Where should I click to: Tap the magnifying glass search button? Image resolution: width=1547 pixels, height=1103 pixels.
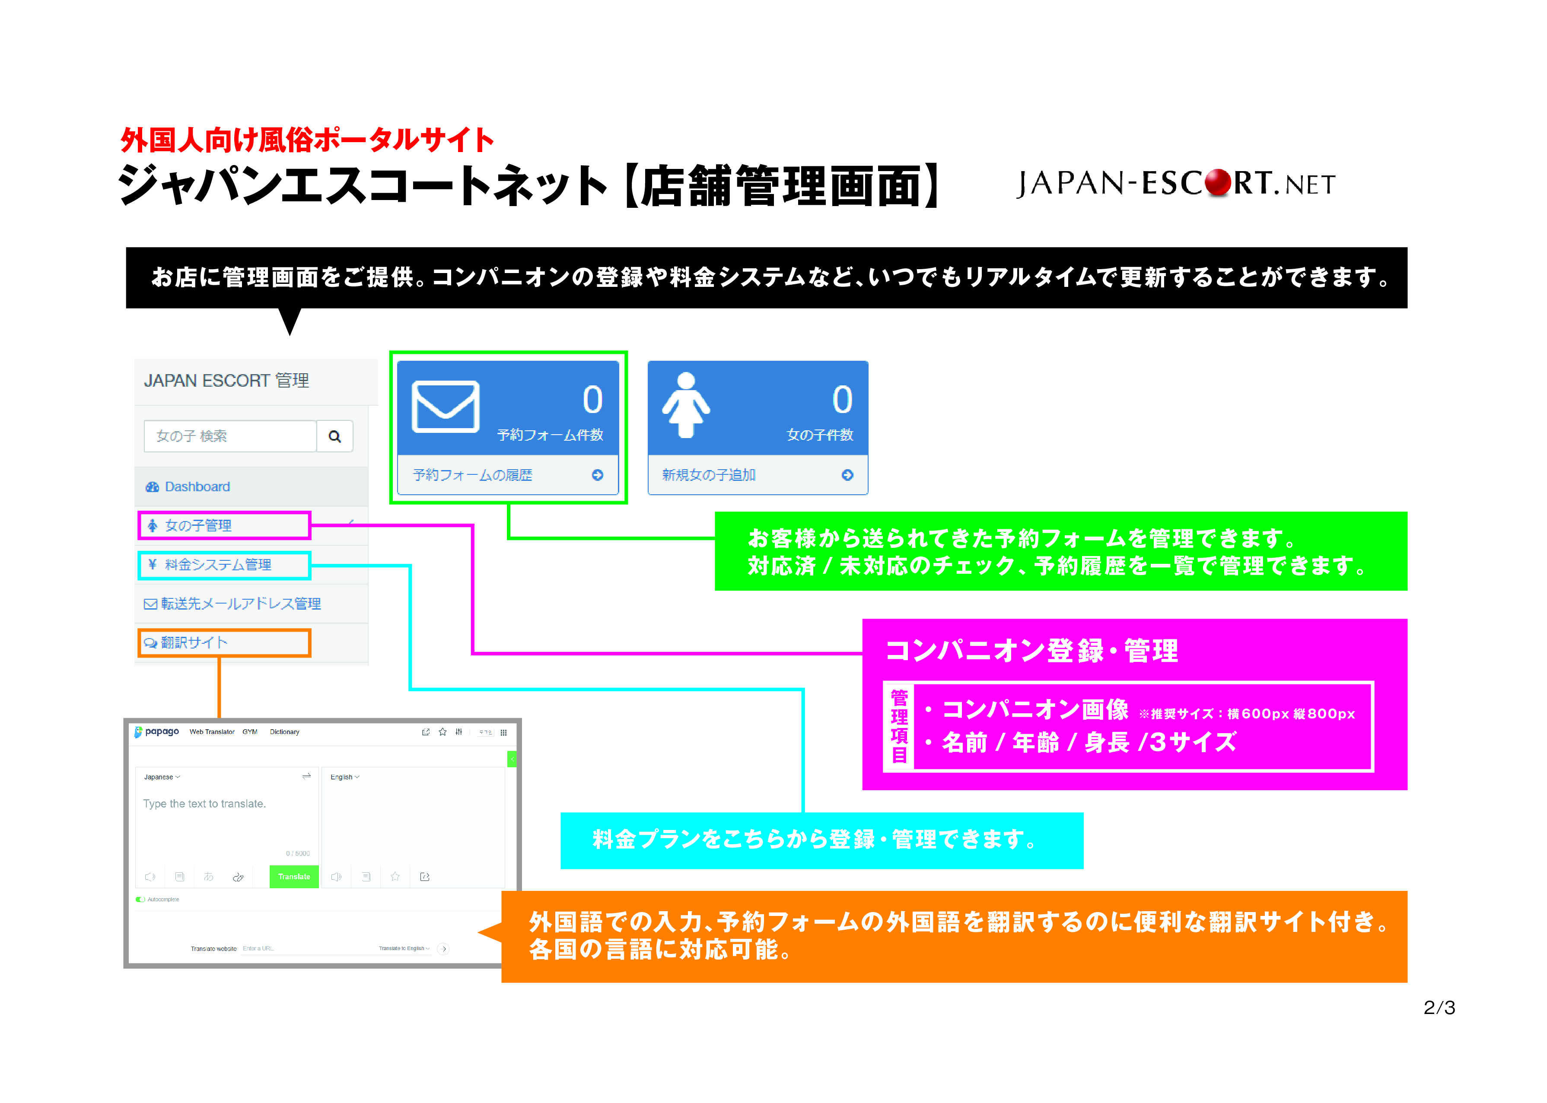click(334, 436)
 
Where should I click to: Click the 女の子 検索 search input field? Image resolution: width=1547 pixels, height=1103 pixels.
click(229, 436)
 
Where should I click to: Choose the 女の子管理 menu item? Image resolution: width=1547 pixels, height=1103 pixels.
click(198, 525)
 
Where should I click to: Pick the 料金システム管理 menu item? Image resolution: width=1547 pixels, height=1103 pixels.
click(217, 564)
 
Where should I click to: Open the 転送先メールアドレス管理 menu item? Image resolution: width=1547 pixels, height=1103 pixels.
click(240, 603)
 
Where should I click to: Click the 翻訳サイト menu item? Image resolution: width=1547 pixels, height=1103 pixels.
click(194, 642)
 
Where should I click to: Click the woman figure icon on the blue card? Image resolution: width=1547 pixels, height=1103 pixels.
click(686, 406)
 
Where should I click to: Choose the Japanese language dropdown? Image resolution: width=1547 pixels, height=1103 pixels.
click(162, 777)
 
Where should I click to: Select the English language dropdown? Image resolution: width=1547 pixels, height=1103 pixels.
click(344, 777)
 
